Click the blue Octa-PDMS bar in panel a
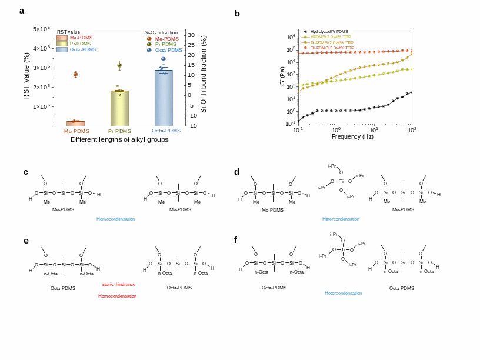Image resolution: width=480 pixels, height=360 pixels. [164, 98]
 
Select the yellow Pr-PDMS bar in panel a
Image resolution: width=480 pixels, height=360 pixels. [119, 108]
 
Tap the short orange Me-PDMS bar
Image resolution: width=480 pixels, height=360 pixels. [75, 124]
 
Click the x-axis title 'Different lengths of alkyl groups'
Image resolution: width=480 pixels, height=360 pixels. [119, 139]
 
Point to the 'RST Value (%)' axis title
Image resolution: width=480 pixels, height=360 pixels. [26, 75]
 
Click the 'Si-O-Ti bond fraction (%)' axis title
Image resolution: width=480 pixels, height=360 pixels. [204, 74]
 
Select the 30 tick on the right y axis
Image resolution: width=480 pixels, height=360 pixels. [192, 35]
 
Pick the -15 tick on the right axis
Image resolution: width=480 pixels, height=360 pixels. [192, 125]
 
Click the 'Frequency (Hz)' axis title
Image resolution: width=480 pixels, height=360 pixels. [352, 136]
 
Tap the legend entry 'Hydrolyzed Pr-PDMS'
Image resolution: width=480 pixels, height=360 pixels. [329, 31]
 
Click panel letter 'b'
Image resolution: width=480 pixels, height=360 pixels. [237, 14]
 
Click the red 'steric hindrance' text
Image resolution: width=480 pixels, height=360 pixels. [119, 284]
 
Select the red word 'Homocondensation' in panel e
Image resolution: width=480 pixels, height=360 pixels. [117, 296]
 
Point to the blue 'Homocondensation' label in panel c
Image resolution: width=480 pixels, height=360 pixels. [115, 219]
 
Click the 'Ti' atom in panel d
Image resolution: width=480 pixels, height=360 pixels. [341, 181]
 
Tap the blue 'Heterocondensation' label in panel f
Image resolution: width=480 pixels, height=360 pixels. [343, 293]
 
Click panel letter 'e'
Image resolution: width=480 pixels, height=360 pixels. [26, 240]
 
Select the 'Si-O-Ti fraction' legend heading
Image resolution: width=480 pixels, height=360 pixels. [161, 32]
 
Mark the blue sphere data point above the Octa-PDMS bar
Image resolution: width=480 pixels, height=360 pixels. [164, 59]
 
